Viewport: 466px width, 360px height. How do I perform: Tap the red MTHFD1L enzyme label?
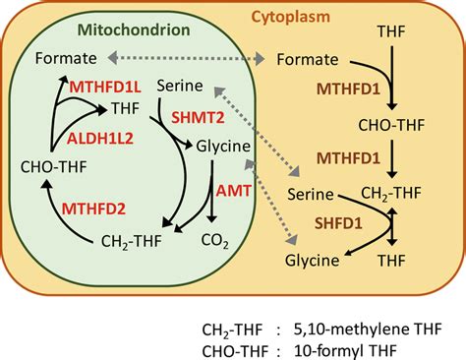click(105, 87)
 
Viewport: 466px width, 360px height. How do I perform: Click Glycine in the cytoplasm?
click(311, 261)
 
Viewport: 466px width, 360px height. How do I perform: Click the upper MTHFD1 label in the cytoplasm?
click(348, 90)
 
